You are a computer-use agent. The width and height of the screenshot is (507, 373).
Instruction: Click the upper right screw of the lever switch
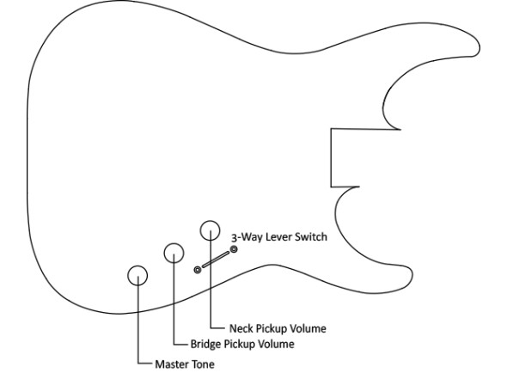234,249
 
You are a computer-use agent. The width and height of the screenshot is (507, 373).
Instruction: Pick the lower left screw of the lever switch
198,270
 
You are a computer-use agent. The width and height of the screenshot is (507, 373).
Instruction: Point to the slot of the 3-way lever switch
216,260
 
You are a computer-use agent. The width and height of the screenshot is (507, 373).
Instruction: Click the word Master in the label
171,364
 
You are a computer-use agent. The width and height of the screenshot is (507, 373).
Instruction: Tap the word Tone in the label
202,364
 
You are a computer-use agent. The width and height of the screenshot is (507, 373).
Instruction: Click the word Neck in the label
241,328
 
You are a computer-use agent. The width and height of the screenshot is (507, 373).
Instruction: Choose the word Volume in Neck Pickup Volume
308,328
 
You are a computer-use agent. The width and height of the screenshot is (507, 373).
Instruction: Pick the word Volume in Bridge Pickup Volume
277,344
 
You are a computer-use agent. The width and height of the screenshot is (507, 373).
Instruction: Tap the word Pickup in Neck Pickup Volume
272,329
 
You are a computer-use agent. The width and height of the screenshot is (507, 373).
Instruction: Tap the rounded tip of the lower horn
412,278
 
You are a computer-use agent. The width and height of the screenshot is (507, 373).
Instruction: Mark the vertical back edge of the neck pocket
331,158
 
